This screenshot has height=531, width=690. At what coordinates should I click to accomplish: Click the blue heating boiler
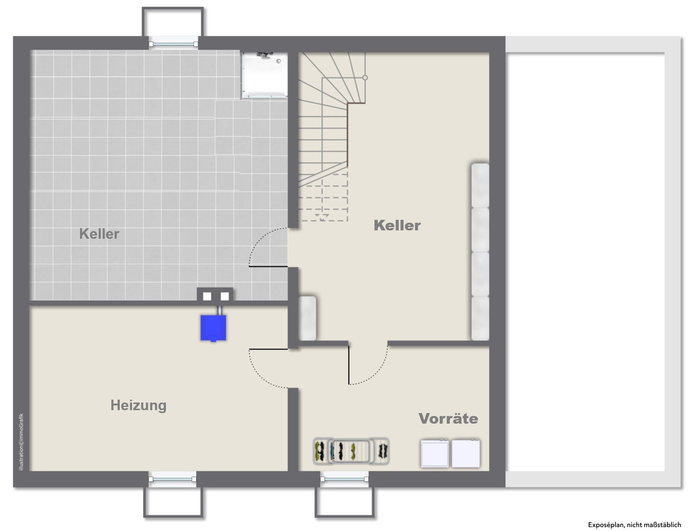(213, 328)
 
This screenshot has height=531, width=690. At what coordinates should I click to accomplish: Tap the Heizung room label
(138, 405)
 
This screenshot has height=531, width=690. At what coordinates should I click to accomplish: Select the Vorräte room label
(448, 419)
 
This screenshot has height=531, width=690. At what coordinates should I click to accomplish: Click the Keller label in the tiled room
(99, 234)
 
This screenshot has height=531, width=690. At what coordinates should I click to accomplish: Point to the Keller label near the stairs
(397, 225)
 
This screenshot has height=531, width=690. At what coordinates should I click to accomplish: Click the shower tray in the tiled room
(265, 75)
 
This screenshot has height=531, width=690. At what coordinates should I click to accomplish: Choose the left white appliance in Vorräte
(435, 453)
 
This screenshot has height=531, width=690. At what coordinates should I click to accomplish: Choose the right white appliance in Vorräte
(466, 453)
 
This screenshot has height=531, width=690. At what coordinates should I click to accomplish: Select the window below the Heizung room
(172, 479)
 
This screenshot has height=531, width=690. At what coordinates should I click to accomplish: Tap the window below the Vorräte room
(344, 479)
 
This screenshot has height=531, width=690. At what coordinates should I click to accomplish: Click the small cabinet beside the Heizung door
(307, 318)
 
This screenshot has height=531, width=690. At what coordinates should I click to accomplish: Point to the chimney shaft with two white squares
(215, 296)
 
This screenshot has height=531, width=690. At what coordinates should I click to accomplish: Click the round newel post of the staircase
(365, 78)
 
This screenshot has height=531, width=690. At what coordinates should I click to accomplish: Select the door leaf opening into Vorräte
(349, 365)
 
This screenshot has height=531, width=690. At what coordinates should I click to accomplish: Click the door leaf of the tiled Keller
(269, 267)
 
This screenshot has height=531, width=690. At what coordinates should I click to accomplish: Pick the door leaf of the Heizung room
(269, 349)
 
